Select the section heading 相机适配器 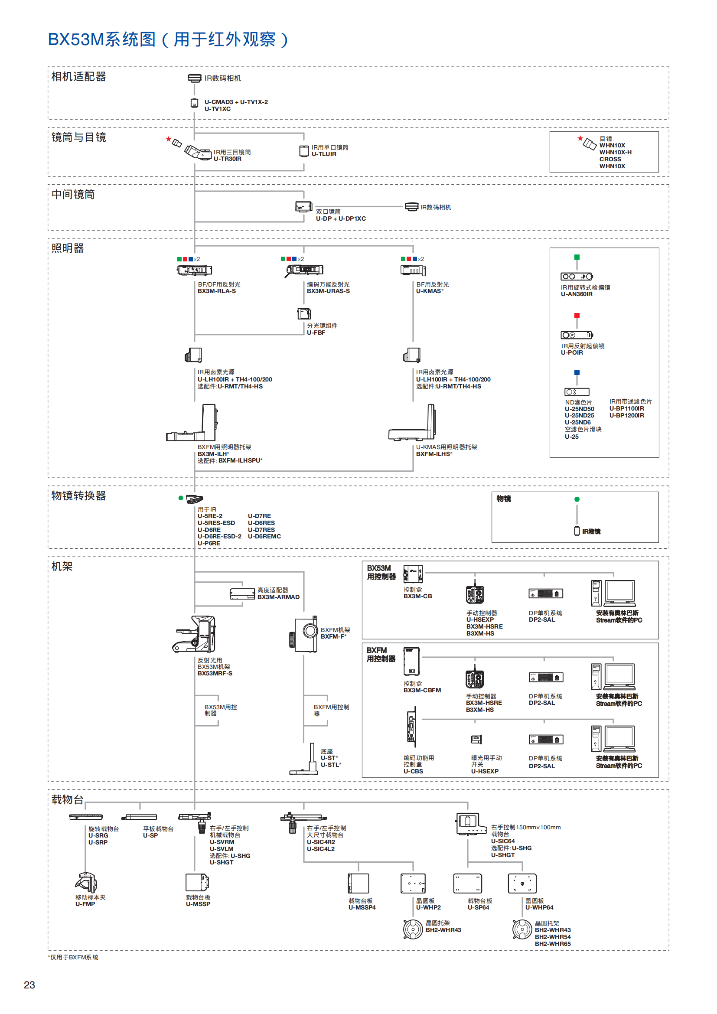78,76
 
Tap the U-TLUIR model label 324,154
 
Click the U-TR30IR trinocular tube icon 198,152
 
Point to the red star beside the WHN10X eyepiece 580,138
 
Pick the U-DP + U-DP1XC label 340,218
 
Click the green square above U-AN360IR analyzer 577,257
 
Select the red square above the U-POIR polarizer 577,316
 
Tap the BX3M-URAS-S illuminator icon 304,270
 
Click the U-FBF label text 316,333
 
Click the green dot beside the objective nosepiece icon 181,498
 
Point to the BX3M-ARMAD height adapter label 278,597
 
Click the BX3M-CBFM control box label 422,690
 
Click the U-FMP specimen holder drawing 86,882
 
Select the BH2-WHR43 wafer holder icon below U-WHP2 413,929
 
